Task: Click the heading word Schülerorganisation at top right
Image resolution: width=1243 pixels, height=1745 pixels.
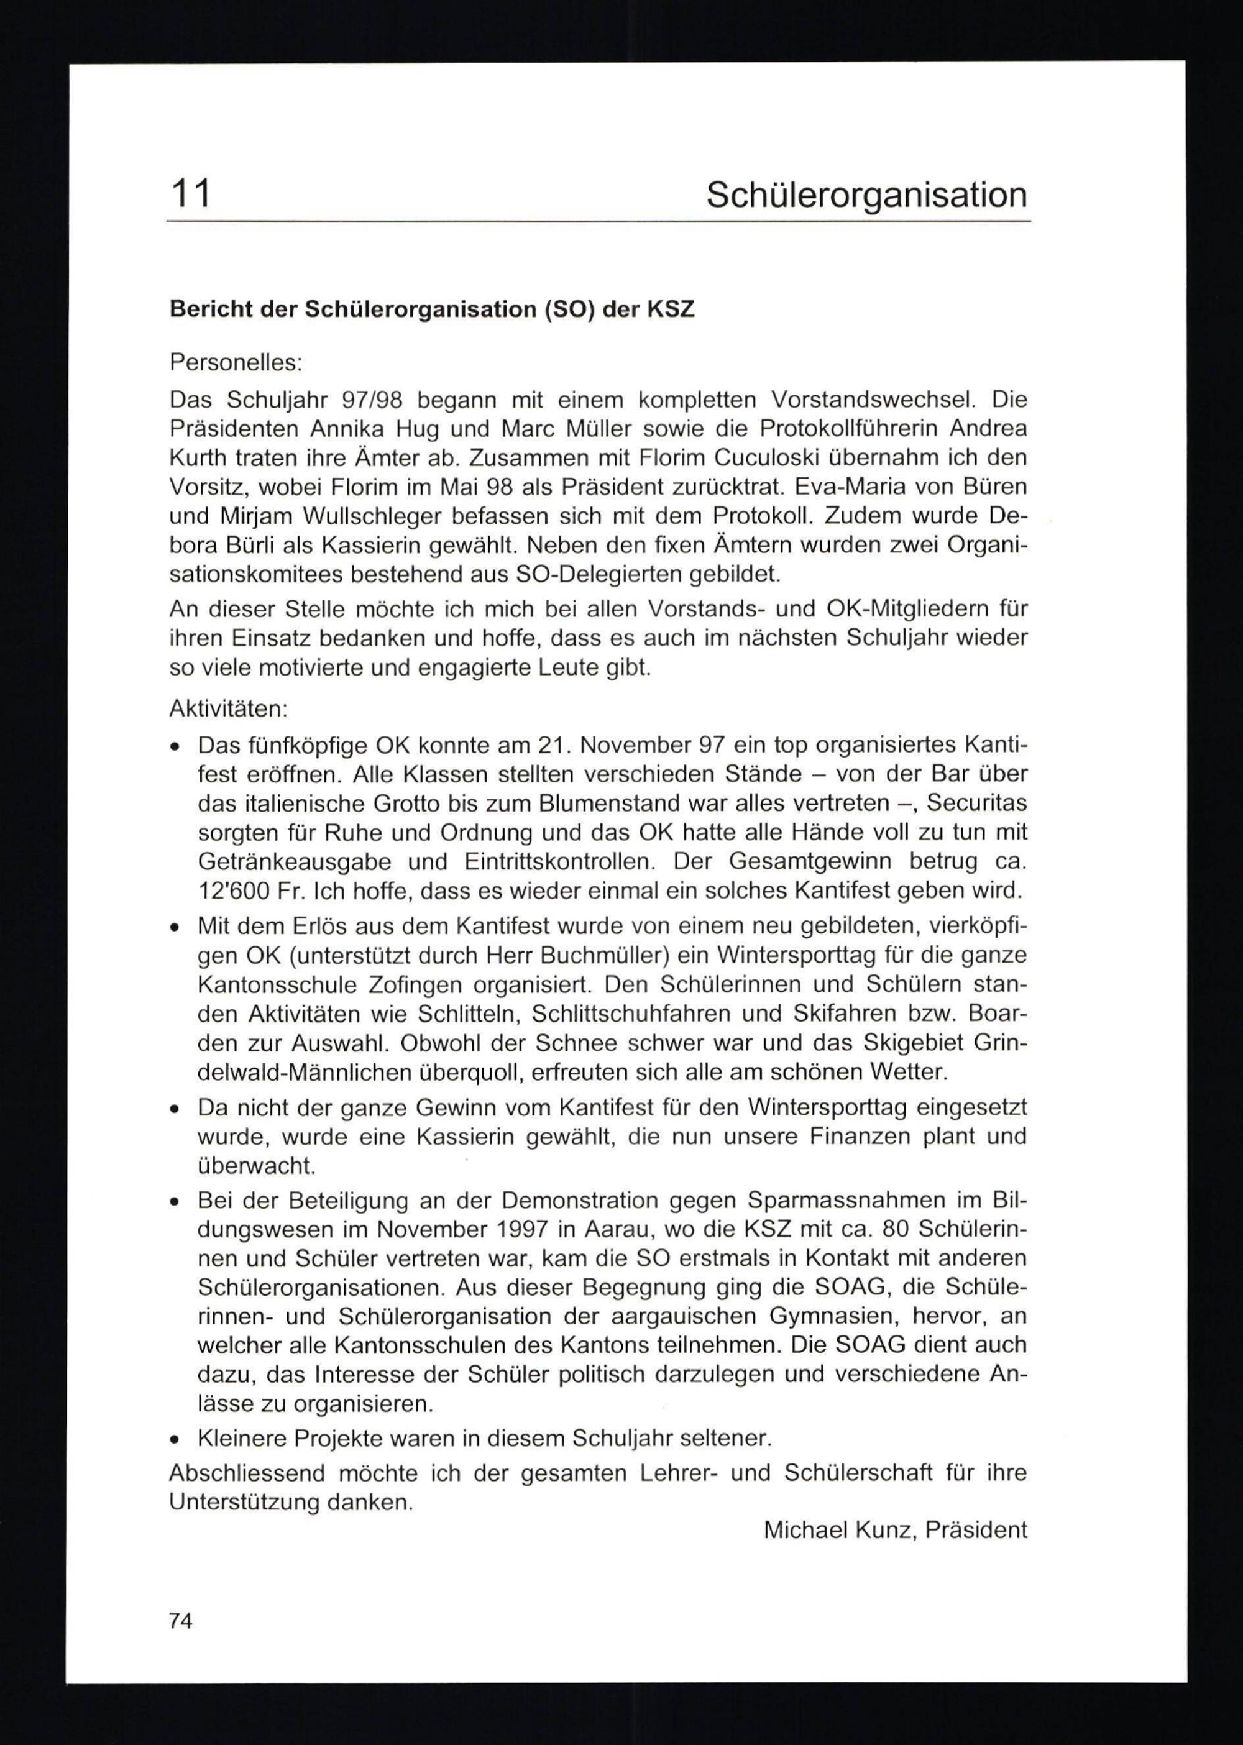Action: [x=866, y=195]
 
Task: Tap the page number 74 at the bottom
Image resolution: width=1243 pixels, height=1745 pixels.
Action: [x=181, y=1620]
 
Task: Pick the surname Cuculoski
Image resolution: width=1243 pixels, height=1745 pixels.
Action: [x=758, y=457]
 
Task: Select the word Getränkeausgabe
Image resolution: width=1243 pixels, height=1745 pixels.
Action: [x=295, y=862]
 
